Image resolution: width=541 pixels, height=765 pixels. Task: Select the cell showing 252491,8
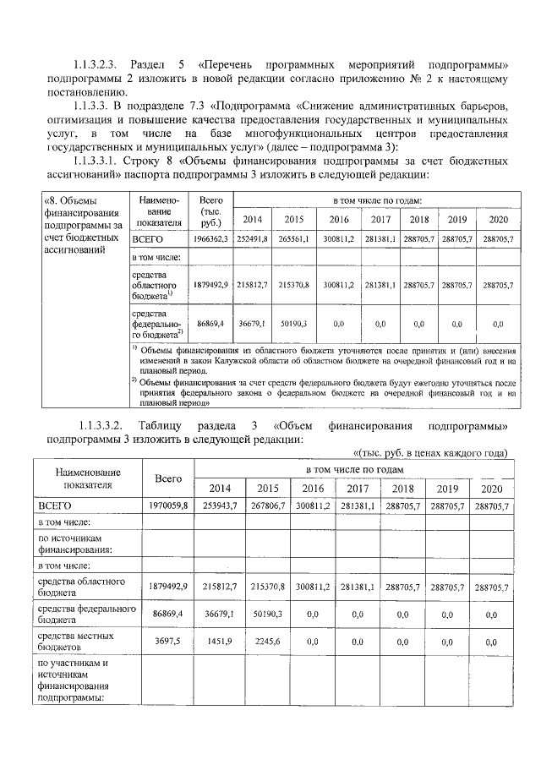point(252,240)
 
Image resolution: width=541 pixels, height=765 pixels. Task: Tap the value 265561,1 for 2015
point(294,240)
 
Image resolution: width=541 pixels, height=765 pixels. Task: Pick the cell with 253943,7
point(219,505)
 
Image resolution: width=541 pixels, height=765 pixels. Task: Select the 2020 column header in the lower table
point(490,489)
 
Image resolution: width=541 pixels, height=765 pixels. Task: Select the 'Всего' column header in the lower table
point(169,478)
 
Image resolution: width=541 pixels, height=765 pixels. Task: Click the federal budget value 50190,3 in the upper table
point(294,323)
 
